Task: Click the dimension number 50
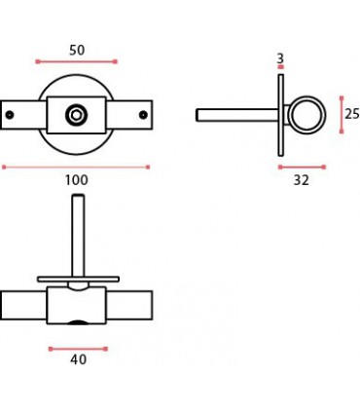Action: [x=77, y=51]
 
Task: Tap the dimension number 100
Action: [x=77, y=180]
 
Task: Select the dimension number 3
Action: [x=280, y=58]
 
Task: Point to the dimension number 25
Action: [x=352, y=114]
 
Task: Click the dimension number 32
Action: [x=302, y=180]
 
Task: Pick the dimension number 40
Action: [x=78, y=359]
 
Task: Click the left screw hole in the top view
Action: [x=10, y=115]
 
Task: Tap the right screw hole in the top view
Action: [x=143, y=115]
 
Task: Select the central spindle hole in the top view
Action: [x=76, y=115]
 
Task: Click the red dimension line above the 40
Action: [x=78, y=349]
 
